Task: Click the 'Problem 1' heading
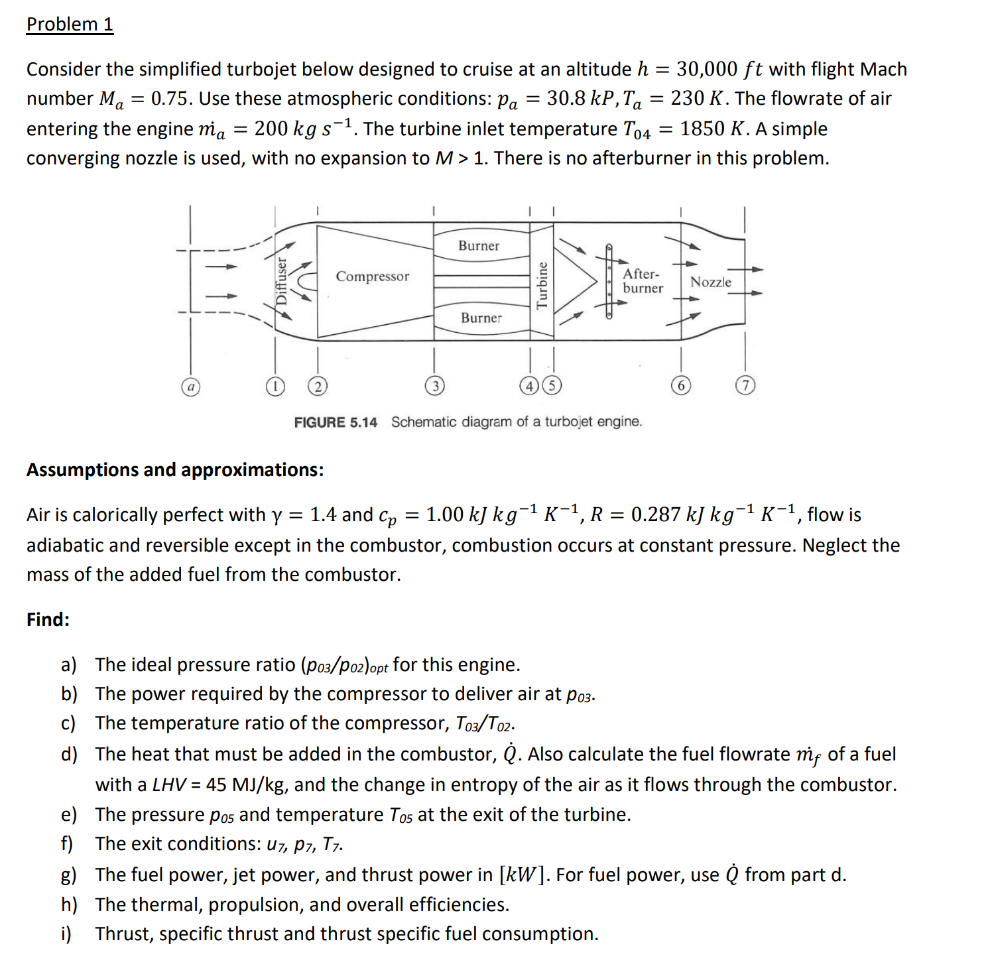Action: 70,25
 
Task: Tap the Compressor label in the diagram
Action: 372,276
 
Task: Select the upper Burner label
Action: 478,246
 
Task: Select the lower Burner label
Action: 481,318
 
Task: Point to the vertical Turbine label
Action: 542,285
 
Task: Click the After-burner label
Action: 642,281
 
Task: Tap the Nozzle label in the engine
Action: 710,282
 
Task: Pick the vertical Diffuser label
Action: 282,280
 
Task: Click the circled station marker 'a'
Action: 190,386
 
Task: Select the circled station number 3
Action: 434,386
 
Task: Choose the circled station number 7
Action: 745,386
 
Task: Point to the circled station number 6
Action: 680,386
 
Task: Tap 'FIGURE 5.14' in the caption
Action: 336,422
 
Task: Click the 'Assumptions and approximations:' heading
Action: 175,470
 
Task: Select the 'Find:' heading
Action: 48,619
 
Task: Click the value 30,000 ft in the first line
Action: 719,69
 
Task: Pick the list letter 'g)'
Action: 68,875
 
